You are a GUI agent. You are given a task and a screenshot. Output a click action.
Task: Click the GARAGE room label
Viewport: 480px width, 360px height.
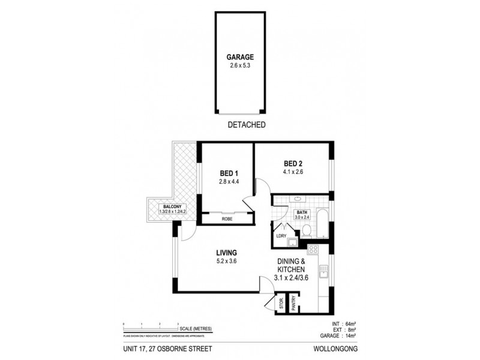pos(239,58)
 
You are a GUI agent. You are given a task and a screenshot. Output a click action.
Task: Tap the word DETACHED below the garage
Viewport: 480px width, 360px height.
pos(246,125)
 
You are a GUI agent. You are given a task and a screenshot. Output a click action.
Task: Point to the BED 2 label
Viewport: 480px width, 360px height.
pos(293,163)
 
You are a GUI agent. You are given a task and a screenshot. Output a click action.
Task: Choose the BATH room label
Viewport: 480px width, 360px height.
pos(302,212)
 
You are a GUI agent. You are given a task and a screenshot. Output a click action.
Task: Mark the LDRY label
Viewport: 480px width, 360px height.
pos(281,235)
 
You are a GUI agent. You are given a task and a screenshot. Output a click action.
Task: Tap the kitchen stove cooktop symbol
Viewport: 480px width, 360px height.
pos(312,249)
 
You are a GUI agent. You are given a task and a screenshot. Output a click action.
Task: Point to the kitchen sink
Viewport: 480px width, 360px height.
pos(323,274)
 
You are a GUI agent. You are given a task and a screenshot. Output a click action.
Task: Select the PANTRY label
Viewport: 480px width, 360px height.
pos(294,305)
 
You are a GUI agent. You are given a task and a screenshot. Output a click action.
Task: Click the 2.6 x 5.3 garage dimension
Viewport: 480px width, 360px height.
pos(239,66)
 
